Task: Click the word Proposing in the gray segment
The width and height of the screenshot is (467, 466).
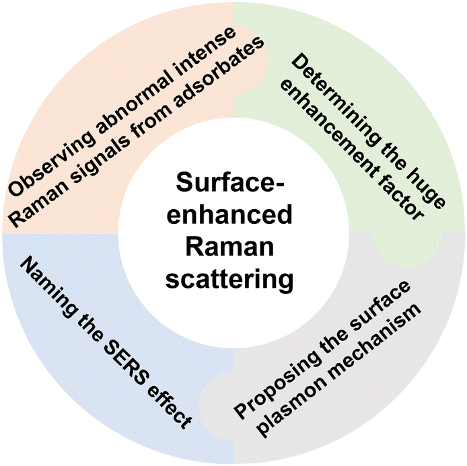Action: [x=283, y=384]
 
